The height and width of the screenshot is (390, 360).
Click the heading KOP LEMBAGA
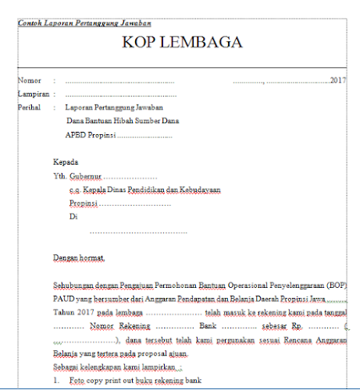[180, 44]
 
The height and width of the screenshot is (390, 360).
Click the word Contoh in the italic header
[30, 23]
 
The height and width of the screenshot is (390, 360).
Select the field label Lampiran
[32, 94]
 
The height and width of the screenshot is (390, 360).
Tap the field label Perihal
[30, 107]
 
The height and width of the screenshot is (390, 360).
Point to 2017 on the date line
[338, 80]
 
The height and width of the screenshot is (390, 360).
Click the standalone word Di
[74, 216]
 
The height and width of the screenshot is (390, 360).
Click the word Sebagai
[67, 367]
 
